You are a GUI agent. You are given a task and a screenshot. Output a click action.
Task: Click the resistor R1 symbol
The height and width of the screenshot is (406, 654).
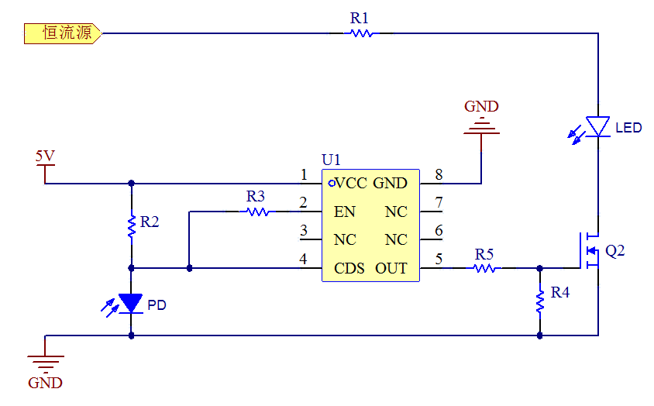point(360,33)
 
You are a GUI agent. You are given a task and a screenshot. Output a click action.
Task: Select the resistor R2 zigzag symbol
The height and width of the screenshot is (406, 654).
point(132,225)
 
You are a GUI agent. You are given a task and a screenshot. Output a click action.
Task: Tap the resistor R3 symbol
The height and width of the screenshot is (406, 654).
point(256,211)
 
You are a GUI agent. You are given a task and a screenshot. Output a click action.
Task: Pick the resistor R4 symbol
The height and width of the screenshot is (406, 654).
point(539,301)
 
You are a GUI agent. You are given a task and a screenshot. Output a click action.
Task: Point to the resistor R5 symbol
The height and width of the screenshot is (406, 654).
point(485,268)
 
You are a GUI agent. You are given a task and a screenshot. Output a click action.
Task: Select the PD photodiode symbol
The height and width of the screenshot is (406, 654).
point(131,304)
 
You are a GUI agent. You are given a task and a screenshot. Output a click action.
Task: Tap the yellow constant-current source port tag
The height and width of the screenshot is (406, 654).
point(62,33)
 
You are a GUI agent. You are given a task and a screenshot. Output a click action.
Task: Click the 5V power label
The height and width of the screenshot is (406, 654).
point(45,157)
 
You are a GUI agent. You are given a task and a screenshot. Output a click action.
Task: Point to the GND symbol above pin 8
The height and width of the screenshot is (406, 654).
point(481,124)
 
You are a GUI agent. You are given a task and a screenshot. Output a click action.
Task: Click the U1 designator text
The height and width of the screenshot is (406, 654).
point(331,160)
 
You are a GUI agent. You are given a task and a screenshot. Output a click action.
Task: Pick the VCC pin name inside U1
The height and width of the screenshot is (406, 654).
point(350,184)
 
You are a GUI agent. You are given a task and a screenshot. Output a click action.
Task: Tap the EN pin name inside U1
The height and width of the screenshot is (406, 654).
point(345,212)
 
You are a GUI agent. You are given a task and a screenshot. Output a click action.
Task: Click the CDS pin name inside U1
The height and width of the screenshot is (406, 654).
point(349,269)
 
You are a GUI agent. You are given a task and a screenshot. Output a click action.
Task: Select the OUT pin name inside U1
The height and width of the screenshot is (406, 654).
point(391,269)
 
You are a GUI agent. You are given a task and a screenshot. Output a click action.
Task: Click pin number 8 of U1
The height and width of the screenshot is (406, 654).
point(439,174)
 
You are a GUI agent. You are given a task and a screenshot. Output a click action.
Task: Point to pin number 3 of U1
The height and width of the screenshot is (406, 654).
point(304,230)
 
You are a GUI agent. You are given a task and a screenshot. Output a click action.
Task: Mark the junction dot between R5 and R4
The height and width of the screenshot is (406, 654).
point(539,268)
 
